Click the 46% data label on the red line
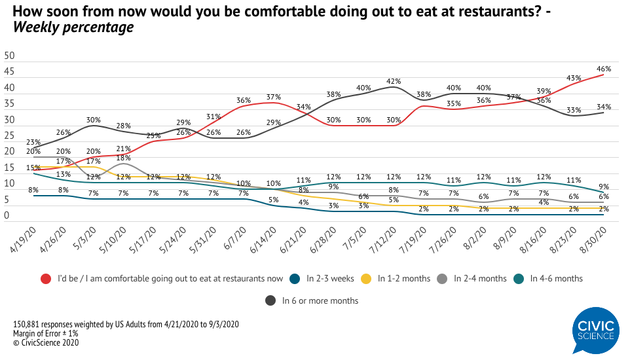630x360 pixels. click(603, 68)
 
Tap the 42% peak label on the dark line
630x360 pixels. click(394, 81)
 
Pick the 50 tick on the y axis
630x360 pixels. click(10, 56)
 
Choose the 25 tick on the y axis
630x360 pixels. click(10, 135)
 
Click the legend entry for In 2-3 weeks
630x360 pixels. click(327, 278)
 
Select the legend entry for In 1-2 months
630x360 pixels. click(404, 278)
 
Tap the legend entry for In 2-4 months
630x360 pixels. click(480, 278)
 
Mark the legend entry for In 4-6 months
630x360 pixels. click(557, 278)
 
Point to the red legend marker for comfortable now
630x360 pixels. click(45, 278)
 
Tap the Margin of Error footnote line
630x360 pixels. click(45, 333)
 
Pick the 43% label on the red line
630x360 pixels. click(574, 77)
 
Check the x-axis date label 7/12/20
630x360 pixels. click(384, 242)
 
